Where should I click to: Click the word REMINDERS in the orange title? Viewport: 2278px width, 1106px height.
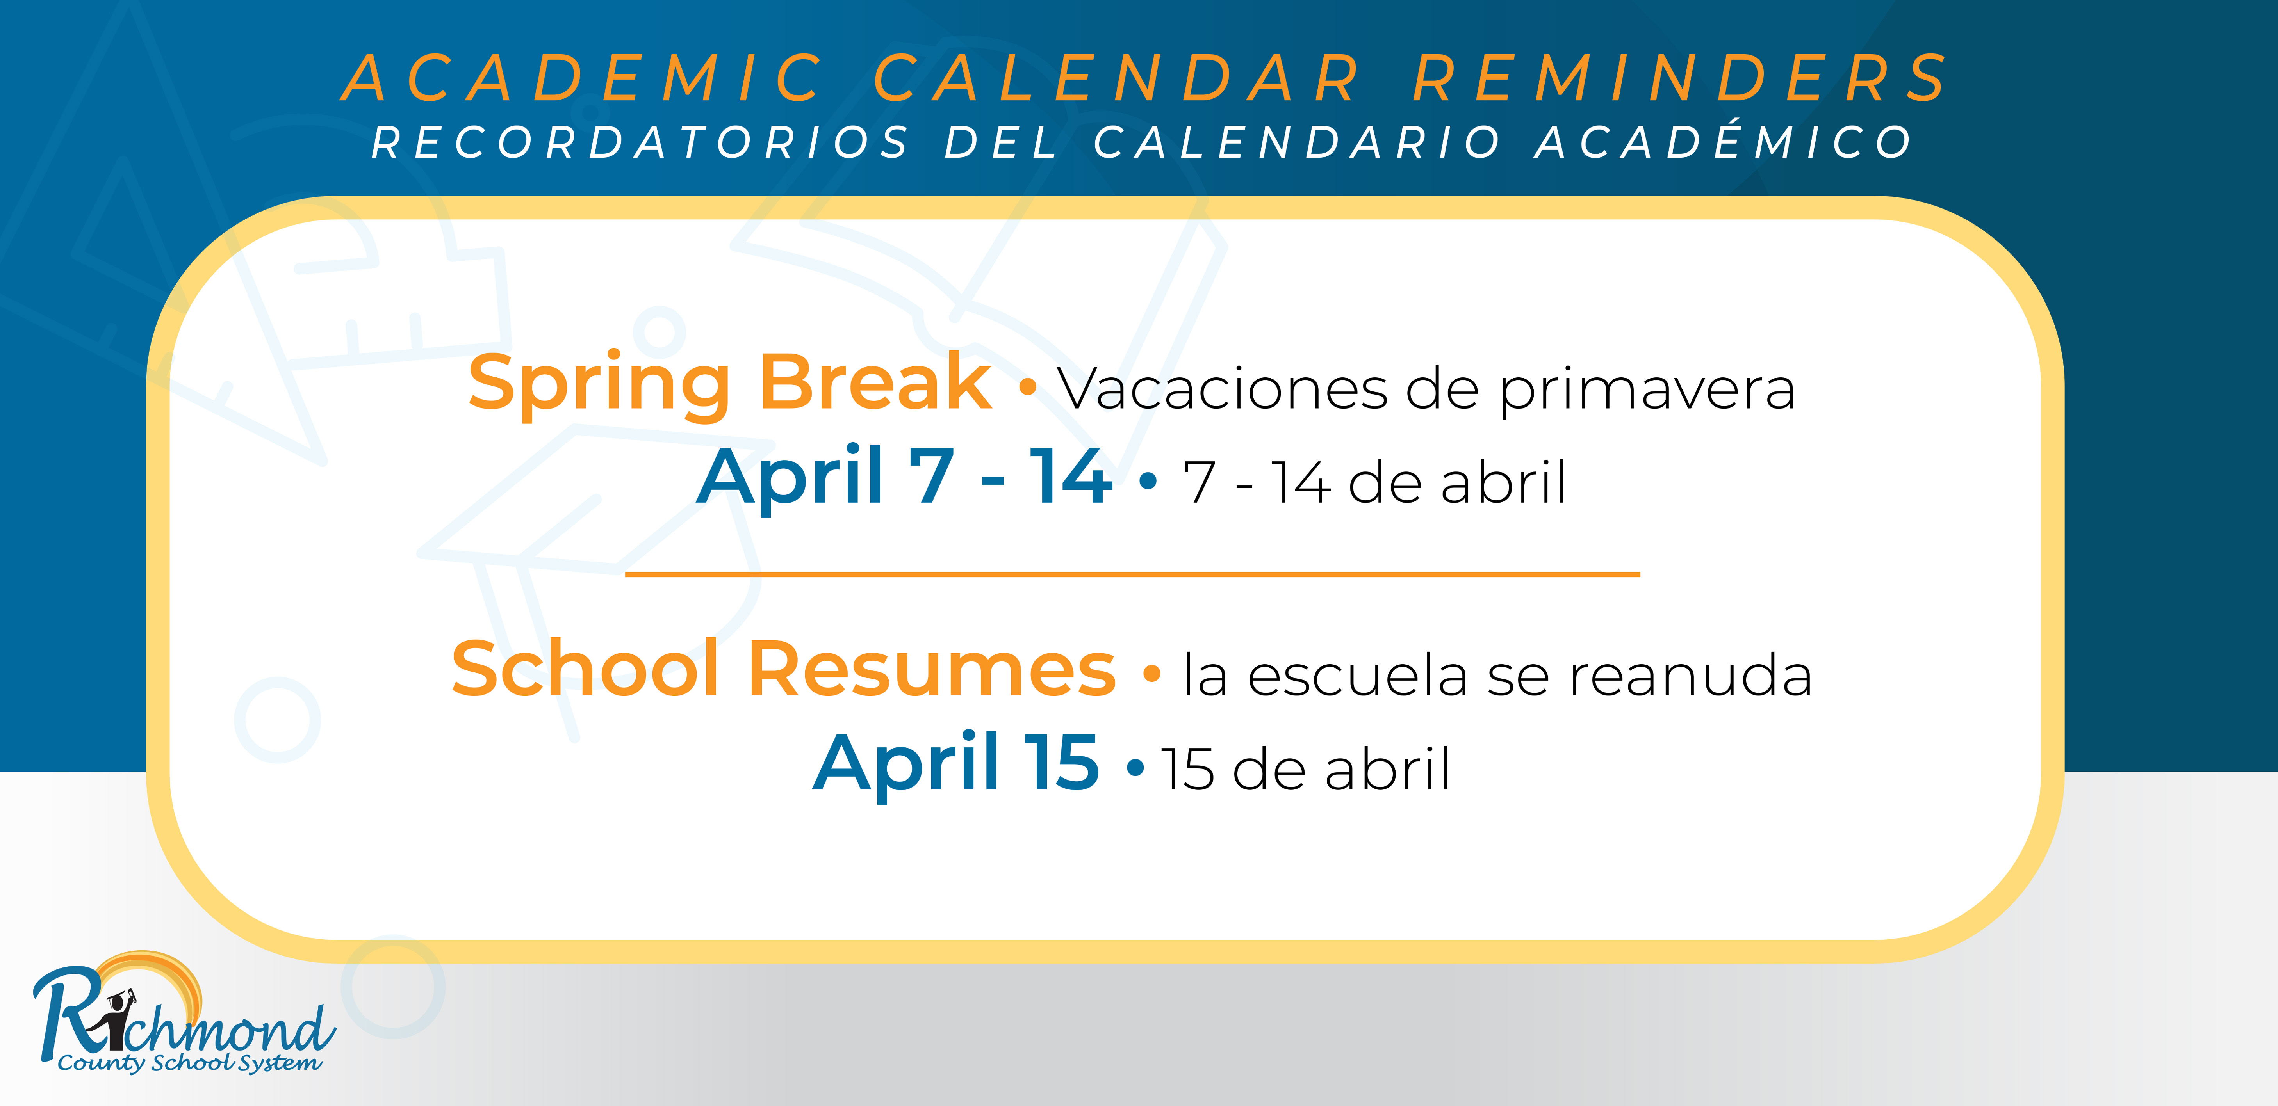(1680, 78)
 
